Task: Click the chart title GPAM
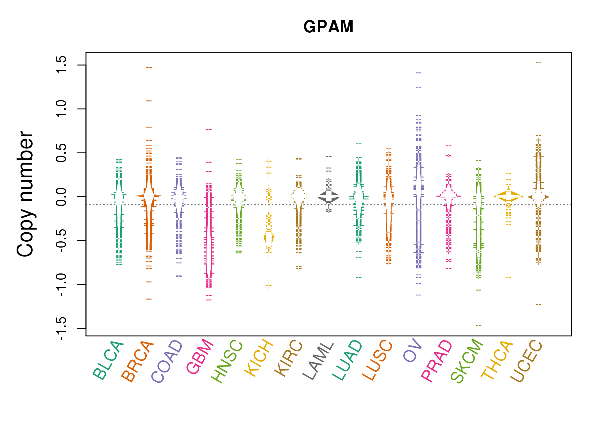coord(328,27)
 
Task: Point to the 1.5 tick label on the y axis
coord(61,65)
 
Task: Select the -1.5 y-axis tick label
coord(61,328)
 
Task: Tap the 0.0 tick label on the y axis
coord(61,197)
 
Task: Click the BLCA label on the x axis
coord(108,361)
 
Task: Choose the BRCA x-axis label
coord(137,362)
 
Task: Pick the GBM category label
coord(200,357)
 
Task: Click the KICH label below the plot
coord(259,358)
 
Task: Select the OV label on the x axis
coord(412,351)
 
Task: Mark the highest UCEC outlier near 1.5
coord(538,63)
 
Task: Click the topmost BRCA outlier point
coord(149,68)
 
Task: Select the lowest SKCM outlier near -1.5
coord(478,326)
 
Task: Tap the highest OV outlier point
coord(419,73)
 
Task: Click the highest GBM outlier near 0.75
coord(209,129)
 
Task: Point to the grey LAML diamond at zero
coord(329,197)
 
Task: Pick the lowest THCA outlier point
coord(509,278)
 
